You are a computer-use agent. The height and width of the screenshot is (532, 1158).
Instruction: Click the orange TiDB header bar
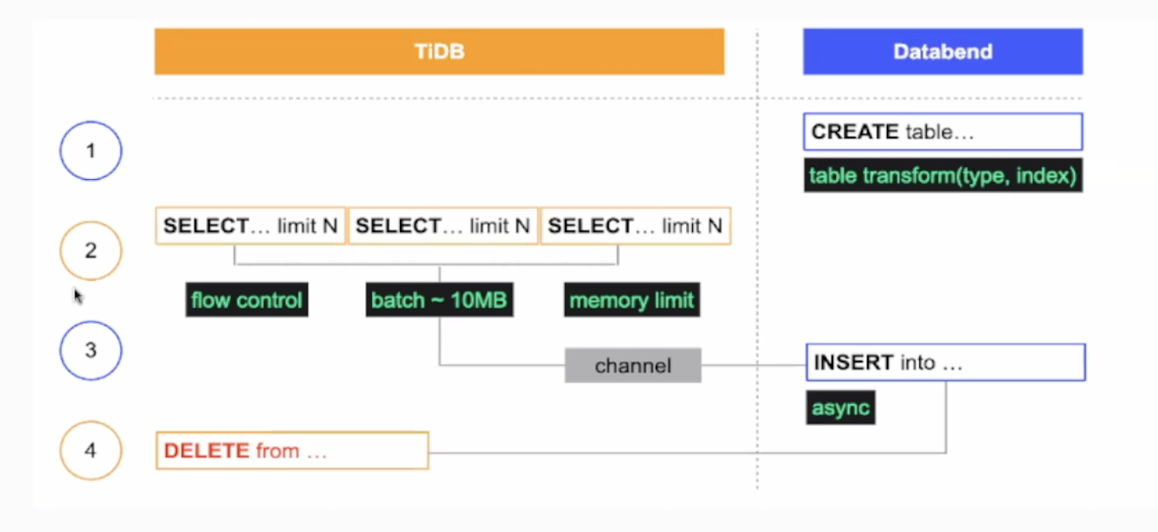pos(439,51)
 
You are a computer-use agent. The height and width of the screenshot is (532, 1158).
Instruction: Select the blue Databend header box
pos(943,51)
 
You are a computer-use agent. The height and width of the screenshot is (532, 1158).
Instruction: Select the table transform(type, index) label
pos(943,175)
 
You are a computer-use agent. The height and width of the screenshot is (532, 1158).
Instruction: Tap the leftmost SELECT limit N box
pos(250,226)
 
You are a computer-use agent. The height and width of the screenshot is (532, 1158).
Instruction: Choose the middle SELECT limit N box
pos(443,226)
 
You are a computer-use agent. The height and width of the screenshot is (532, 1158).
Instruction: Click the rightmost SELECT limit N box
pos(636,226)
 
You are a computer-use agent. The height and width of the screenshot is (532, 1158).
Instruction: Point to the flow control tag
pos(246,300)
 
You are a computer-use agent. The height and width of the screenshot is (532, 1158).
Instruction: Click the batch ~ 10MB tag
pos(439,300)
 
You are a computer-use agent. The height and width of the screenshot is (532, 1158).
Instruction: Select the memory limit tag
pos(632,300)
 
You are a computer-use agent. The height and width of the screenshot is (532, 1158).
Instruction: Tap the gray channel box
pos(632,365)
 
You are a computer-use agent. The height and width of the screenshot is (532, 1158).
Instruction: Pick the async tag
pos(840,407)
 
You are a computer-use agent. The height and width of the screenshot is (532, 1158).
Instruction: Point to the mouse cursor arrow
pos(78,296)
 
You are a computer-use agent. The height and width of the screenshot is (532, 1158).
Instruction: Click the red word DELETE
pos(206,451)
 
